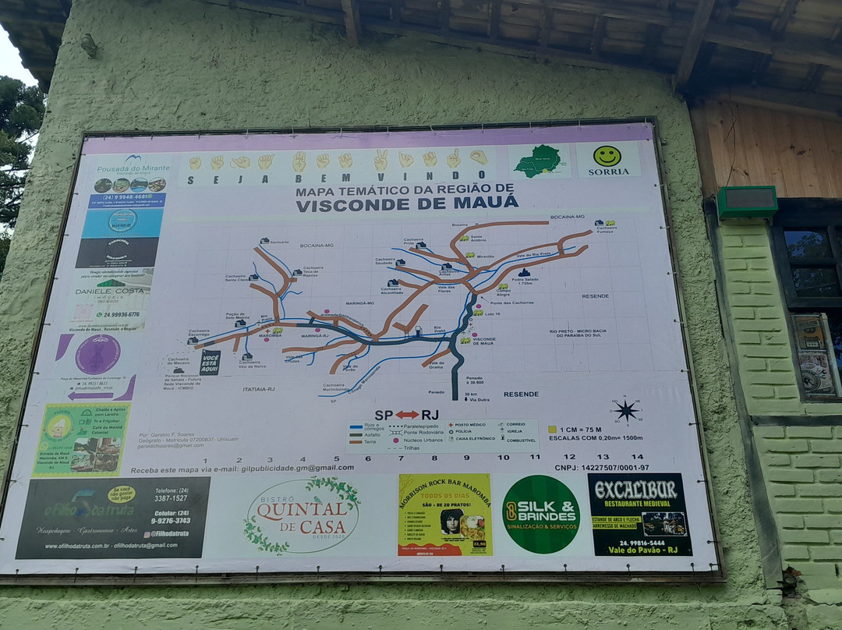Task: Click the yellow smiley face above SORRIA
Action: tap(607, 156)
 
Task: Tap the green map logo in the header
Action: tap(538, 161)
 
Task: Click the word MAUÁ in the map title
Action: tap(482, 203)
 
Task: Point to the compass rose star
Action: tap(626, 410)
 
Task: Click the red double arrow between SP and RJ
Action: tap(407, 414)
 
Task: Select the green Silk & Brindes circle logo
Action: tap(540, 514)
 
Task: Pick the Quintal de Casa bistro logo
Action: tap(302, 515)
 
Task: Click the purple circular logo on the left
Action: tap(98, 355)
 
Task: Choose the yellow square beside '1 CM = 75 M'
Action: tap(552, 429)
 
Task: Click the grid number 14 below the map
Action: tap(637, 457)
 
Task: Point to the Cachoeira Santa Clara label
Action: tap(235, 278)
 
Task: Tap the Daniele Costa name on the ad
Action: tap(110, 291)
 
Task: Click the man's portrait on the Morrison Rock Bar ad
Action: tap(451, 522)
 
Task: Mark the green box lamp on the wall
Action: tap(747, 202)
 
